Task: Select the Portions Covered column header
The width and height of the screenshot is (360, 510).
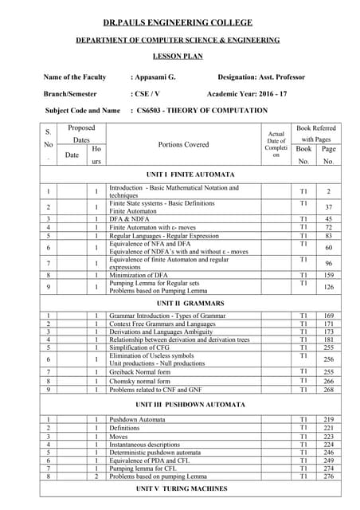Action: [x=183, y=144]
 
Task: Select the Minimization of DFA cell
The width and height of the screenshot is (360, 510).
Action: [x=144, y=275]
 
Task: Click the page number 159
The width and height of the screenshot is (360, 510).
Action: [x=328, y=275]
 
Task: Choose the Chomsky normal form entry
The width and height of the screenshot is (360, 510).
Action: [x=141, y=382]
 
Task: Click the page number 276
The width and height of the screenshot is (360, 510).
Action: [x=328, y=477]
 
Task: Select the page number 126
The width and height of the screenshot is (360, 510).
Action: [x=328, y=288]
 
